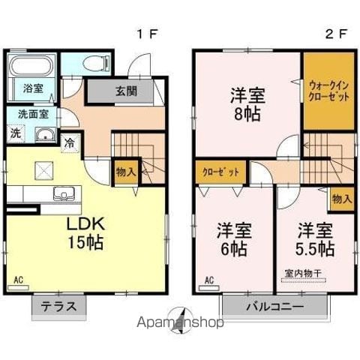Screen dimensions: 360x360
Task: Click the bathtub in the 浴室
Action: point(31,65)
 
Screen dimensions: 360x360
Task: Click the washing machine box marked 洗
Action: point(16,133)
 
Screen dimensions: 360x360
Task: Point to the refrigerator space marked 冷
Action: point(70,143)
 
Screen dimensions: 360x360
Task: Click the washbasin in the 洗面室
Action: point(45,134)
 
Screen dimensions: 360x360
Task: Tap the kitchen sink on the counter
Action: point(64,193)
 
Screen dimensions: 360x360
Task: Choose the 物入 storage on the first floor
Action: point(126,172)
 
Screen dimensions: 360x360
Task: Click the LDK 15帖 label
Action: point(85,233)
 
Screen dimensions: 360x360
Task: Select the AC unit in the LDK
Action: point(18,287)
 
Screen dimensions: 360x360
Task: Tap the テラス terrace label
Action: point(58,306)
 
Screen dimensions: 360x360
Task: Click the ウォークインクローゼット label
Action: point(328,91)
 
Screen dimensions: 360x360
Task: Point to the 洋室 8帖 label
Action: point(247,104)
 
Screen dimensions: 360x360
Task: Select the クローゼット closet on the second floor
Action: point(221,172)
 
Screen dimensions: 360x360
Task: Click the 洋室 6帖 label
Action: point(234,239)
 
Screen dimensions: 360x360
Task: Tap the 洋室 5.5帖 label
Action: point(315,239)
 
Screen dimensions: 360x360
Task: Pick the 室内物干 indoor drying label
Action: point(303,274)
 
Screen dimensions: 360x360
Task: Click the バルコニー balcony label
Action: point(275,306)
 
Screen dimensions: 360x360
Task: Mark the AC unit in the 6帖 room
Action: point(209,288)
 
